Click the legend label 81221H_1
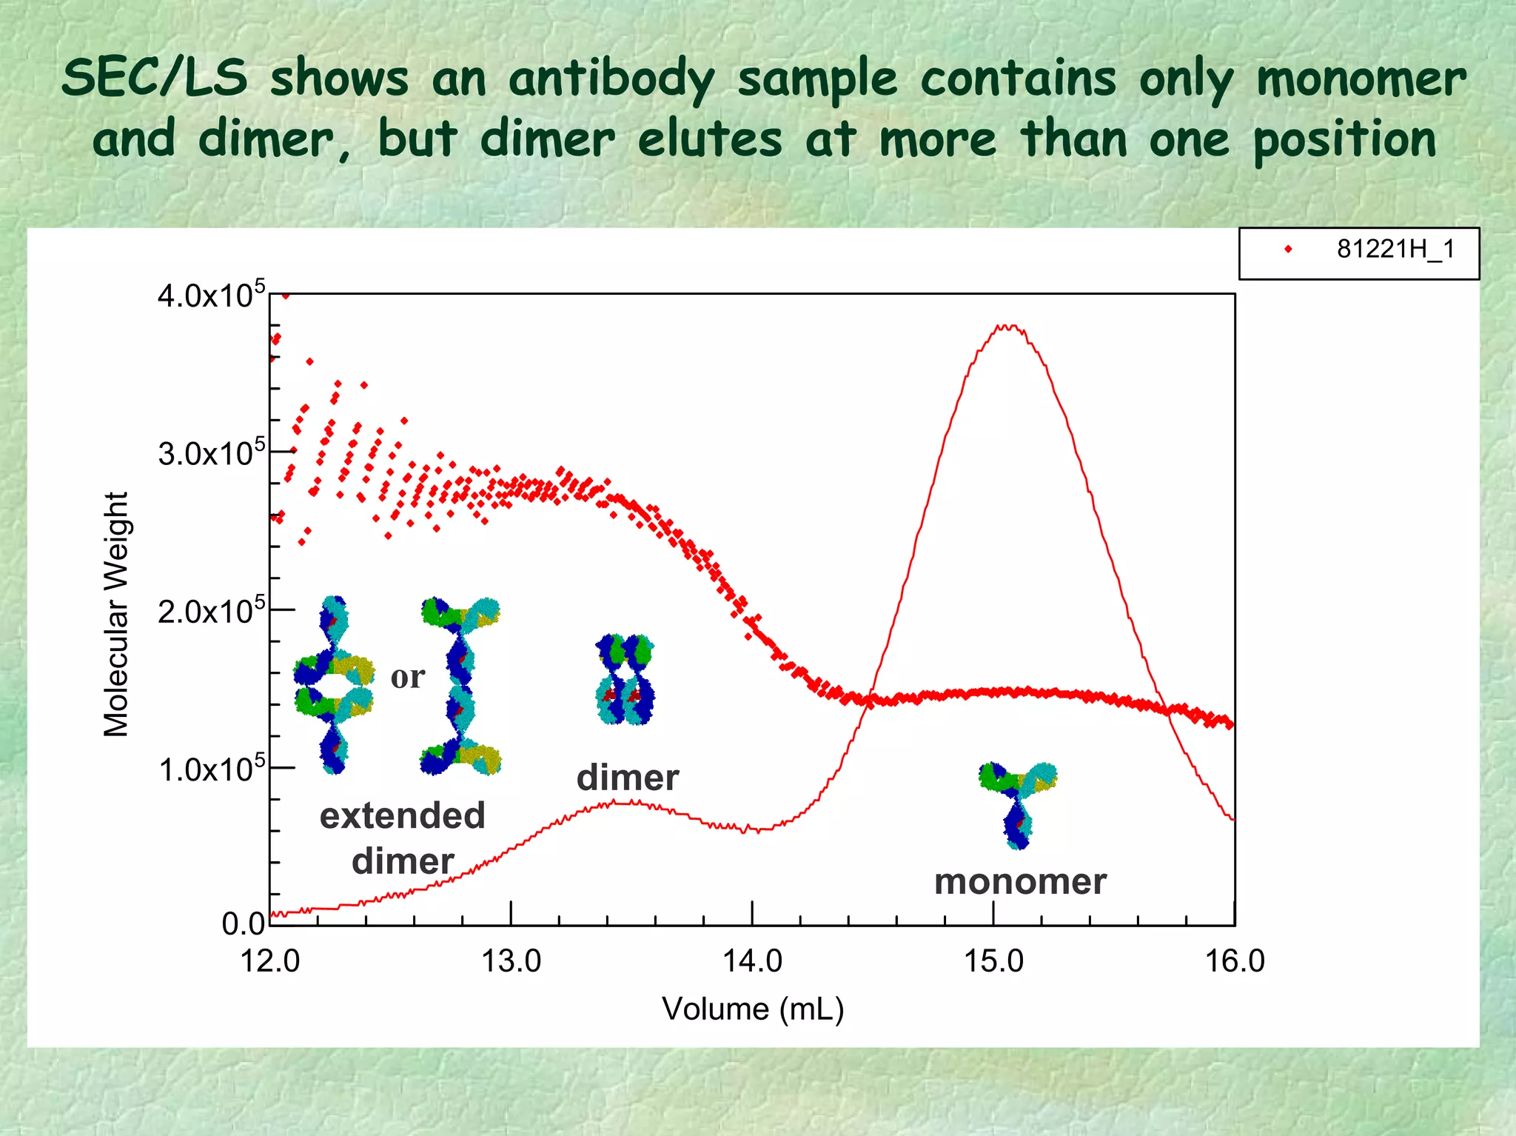pos(1395,250)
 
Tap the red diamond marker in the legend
pos(1288,250)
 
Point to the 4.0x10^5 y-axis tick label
pos(210,295)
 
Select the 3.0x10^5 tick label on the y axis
pos(210,453)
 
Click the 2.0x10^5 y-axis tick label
pos(210,612)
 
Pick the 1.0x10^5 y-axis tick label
pos(210,769)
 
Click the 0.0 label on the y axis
pos(244,923)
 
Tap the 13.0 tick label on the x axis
pos(511,961)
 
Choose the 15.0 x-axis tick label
pos(993,961)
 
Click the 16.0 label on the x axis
pos(1235,961)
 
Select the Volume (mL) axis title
pos(753,1009)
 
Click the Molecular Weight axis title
pos(116,614)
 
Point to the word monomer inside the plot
pos(1020,881)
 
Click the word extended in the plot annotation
pos(402,815)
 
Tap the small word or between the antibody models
pos(408,677)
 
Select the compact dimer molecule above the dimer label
pos(625,678)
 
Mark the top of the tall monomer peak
pos(1008,327)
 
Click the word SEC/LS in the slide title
pos(155,78)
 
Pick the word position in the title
pos(1344,139)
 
